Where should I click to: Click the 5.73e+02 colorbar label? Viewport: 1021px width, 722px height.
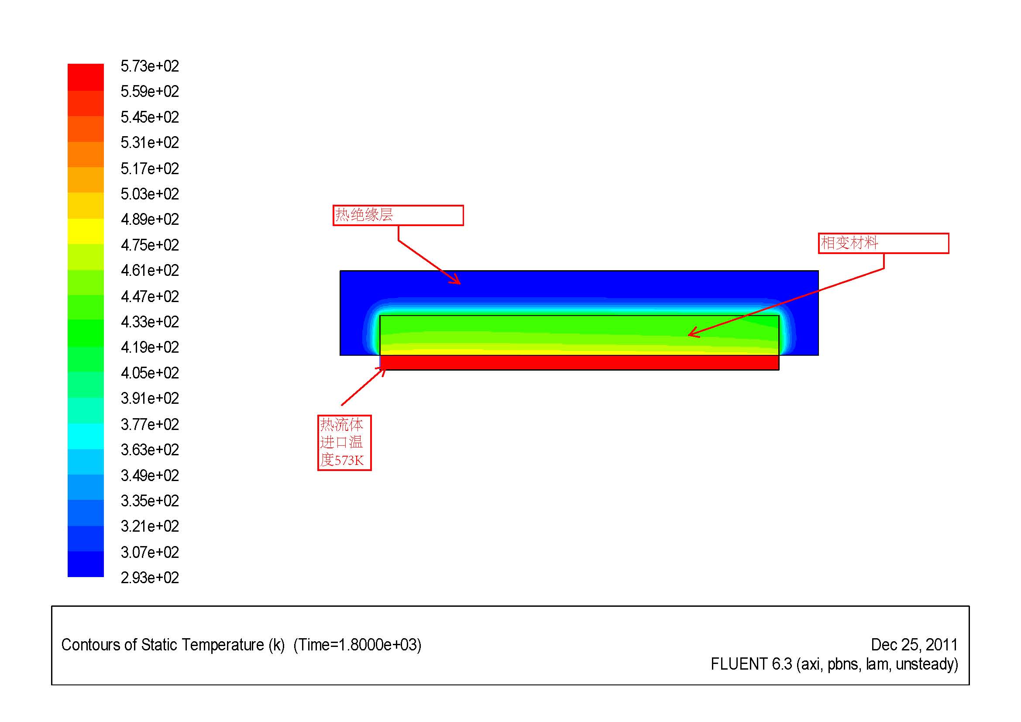[x=149, y=66]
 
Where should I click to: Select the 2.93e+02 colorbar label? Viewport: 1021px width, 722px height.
[x=149, y=578]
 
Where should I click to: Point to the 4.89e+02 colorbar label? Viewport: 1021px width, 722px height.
[x=149, y=219]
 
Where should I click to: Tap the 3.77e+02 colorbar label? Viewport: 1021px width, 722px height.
[x=149, y=424]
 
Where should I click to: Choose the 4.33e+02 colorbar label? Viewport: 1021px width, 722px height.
[x=149, y=321]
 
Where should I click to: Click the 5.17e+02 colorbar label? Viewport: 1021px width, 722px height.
[x=149, y=168]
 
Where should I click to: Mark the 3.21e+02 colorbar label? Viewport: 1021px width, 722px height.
[x=149, y=526]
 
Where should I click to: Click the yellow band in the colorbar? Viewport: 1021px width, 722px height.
[x=86, y=231]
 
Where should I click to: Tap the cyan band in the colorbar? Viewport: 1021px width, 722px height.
[x=86, y=436]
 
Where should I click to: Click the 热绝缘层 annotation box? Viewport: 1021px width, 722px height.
[x=398, y=215]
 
